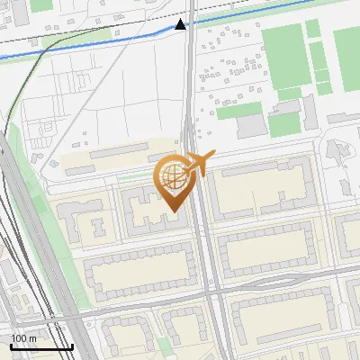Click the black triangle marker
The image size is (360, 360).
coord(181,24)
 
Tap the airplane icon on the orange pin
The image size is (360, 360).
coord(199,165)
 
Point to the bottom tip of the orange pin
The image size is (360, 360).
coord(172,212)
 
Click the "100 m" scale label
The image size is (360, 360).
coord(23,338)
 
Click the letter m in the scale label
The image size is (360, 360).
coord(33,338)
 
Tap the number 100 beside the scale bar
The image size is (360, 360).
coord(19,338)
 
